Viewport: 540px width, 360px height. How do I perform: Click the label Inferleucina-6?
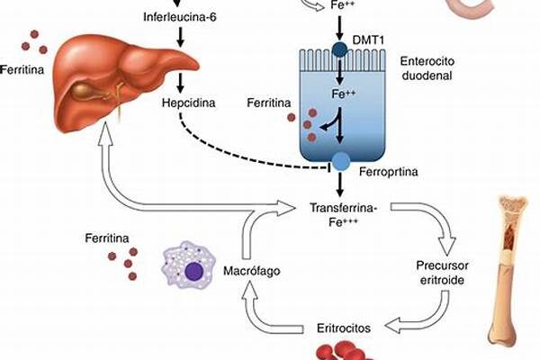[x=179, y=17]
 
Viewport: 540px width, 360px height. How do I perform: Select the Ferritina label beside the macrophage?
[x=106, y=238]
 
